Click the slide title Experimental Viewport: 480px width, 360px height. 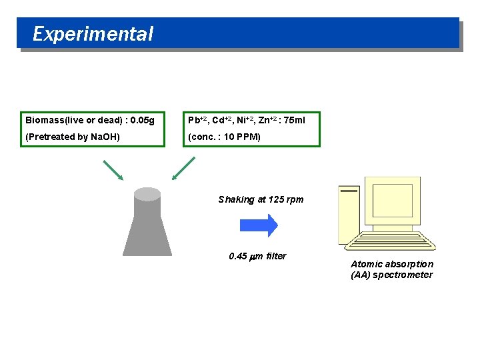[x=93, y=34]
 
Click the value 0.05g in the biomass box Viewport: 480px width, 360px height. [x=143, y=121]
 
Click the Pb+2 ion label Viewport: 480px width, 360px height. [x=197, y=121]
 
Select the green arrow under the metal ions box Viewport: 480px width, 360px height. [x=183, y=168]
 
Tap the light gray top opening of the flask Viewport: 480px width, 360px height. [x=147, y=194]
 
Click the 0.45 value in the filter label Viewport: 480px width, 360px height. [x=237, y=256]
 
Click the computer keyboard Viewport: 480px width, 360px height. [x=397, y=243]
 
